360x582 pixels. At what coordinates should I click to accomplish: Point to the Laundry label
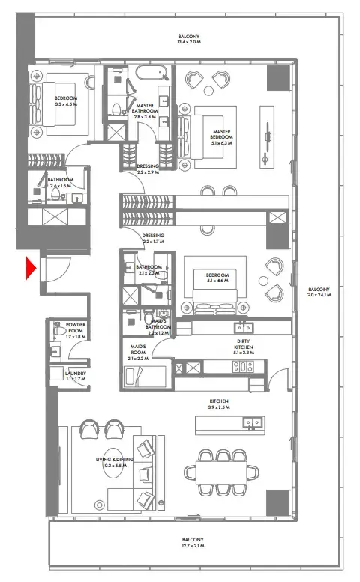[x=75, y=376]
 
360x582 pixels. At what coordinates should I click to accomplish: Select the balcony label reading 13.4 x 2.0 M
[x=188, y=40]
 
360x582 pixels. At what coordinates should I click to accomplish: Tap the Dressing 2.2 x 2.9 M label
[x=148, y=169]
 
